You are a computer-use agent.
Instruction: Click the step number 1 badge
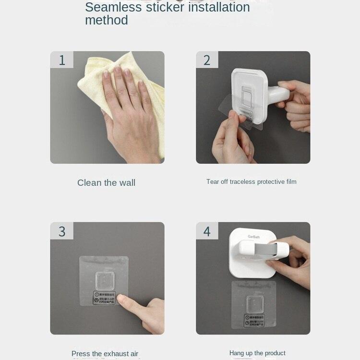62,60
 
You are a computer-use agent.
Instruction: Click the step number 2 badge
207,60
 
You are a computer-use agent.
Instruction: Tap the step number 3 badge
62,231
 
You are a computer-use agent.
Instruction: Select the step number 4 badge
207,231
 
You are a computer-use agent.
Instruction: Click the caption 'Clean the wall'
106,182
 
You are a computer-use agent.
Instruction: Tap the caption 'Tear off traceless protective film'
251,181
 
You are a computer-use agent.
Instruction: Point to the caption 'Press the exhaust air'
105,354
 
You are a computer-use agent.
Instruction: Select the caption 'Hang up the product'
257,353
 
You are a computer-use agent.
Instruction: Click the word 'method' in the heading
106,20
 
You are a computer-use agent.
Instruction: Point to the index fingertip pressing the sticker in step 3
121,301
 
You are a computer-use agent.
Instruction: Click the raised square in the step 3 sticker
104,280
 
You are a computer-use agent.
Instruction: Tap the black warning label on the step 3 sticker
105,298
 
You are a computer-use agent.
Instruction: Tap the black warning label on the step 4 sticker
254,320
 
